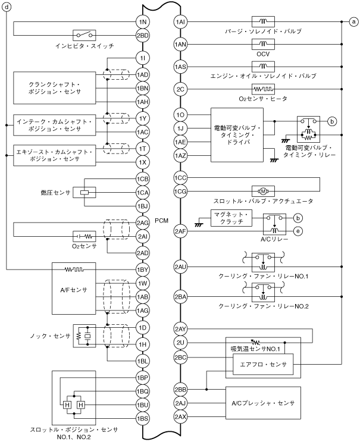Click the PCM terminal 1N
[x=143, y=23]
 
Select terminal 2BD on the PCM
[x=143, y=36]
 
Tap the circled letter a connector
[x=353, y=23]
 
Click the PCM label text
[x=161, y=221]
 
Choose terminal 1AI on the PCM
[x=181, y=23]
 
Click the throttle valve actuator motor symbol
[x=262, y=190]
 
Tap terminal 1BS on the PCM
[x=143, y=419]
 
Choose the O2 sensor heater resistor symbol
[x=262, y=89]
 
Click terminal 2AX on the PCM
[x=181, y=417]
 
